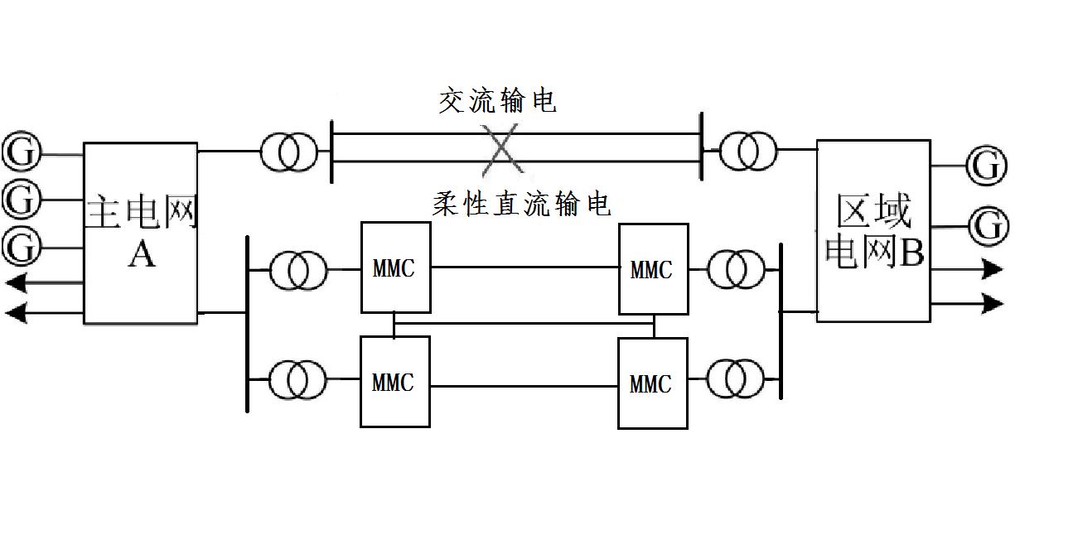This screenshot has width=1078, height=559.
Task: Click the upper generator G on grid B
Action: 987,166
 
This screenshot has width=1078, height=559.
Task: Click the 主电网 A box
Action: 141,233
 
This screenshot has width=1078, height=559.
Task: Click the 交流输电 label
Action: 497,101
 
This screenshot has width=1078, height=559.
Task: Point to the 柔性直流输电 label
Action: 522,204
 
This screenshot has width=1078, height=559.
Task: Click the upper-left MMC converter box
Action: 395,268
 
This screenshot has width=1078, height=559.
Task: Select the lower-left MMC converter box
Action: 394,382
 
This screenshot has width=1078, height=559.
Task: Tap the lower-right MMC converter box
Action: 653,383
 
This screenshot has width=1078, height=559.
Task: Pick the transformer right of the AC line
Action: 749,152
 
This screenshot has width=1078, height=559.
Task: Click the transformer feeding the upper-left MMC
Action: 299,269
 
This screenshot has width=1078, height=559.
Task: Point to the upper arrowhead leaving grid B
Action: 993,269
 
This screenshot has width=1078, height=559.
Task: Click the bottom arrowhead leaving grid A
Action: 16,312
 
